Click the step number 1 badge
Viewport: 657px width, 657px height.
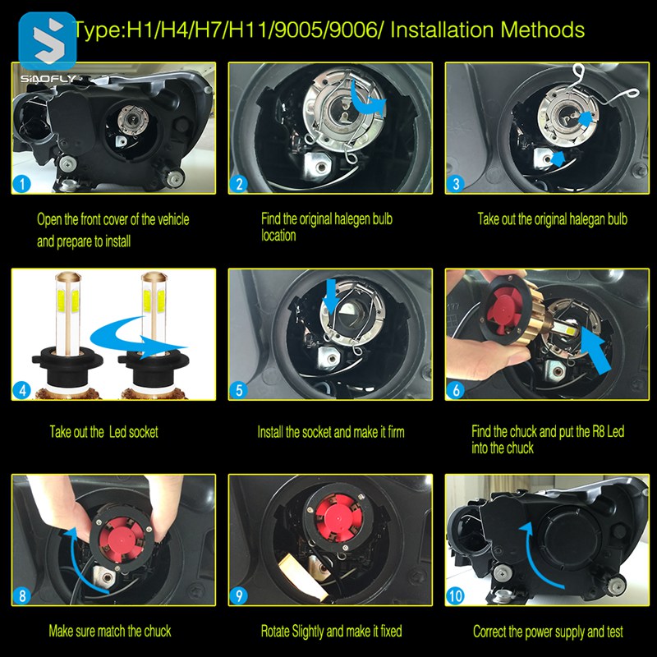(22, 183)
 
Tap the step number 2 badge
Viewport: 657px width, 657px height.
(239, 183)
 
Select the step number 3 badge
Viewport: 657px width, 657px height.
(456, 183)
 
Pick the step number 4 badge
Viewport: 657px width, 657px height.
(22, 390)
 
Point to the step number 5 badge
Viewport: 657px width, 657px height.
(239, 390)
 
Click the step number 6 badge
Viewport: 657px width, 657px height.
(456, 390)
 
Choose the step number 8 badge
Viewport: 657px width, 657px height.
(22, 596)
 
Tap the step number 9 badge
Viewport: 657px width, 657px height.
(239, 596)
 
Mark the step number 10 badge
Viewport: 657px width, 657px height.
(456, 596)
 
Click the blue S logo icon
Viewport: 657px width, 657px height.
(48, 41)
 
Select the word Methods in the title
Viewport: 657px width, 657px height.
(543, 30)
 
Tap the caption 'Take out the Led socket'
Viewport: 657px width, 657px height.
(104, 432)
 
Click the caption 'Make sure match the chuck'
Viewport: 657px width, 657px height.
(110, 631)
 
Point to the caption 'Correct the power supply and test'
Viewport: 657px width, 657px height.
(548, 632)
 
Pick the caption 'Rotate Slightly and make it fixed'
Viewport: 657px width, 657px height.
(332, 631)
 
